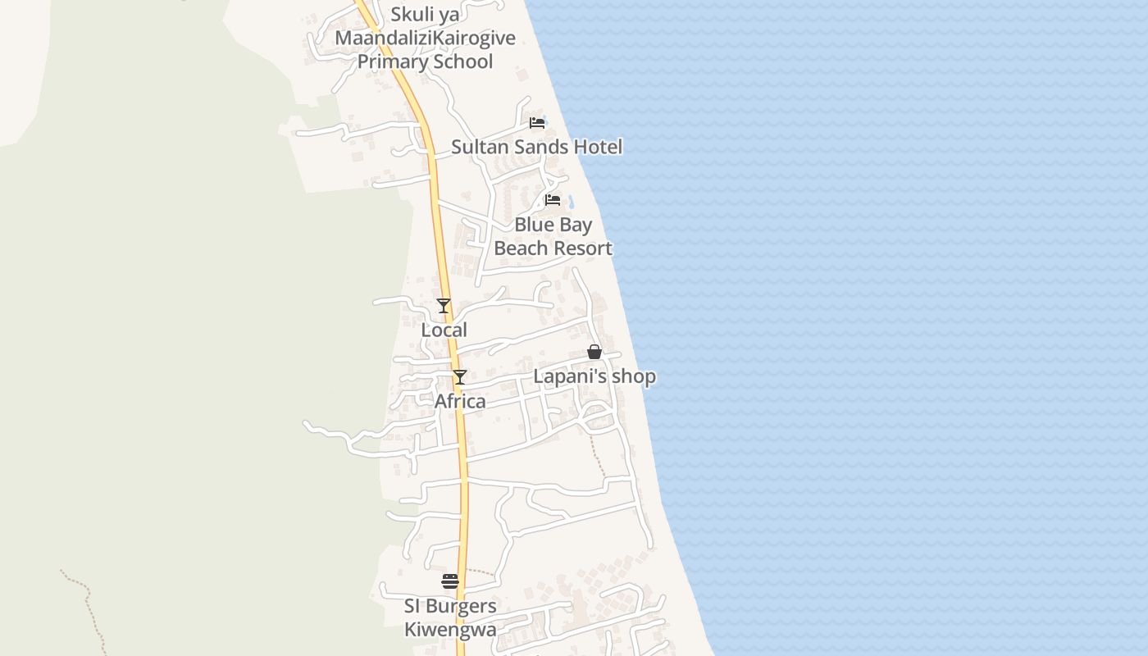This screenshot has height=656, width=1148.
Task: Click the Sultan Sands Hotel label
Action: pyautogui.click(x=536, y=147)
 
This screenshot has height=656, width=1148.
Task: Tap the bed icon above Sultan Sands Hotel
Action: pyautogui.click(x=537, y=123)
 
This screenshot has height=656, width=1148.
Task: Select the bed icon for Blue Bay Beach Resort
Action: pyautogui.click(x=553, y=200)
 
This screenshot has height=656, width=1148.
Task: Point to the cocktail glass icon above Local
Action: pyautogui.click(x=444, y=306)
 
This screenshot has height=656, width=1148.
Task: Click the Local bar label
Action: pyautogui.click(x=444, y=330)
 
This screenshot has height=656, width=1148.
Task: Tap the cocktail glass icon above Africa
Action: pyautogui.click(x=460, y=377)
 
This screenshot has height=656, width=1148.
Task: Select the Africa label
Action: pyautogui.click(x=459, y=401)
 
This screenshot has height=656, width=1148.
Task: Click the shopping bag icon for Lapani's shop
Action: pyautogui.click(x=594, y=353)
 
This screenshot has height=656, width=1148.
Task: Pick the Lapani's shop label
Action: pyautogui.click(x=594, y=376)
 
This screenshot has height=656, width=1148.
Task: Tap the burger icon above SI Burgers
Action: pyautogui.click(x=450, y=581)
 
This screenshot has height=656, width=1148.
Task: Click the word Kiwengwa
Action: pyautogui.click(x=450, y=630)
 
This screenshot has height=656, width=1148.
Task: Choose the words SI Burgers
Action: pyautogui.click(x=450, y=606)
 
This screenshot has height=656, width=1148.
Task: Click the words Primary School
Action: pyautogui.click(x=425, y=61)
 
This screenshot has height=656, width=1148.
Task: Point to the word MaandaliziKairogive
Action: pyautogui.click(x=425, y=38)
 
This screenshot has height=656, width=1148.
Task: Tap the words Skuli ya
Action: pyautogui.click(x=425, y=14)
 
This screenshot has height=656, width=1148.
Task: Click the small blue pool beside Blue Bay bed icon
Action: pyautogui.click(x=572, y=201)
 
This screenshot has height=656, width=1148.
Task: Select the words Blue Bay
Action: pyautogui.click(x=553, y=225)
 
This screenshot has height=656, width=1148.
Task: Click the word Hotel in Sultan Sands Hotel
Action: pyautogui.click(x=598, y=147)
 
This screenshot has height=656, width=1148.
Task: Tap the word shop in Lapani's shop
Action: pyautogui.click(x=637, y=377)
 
